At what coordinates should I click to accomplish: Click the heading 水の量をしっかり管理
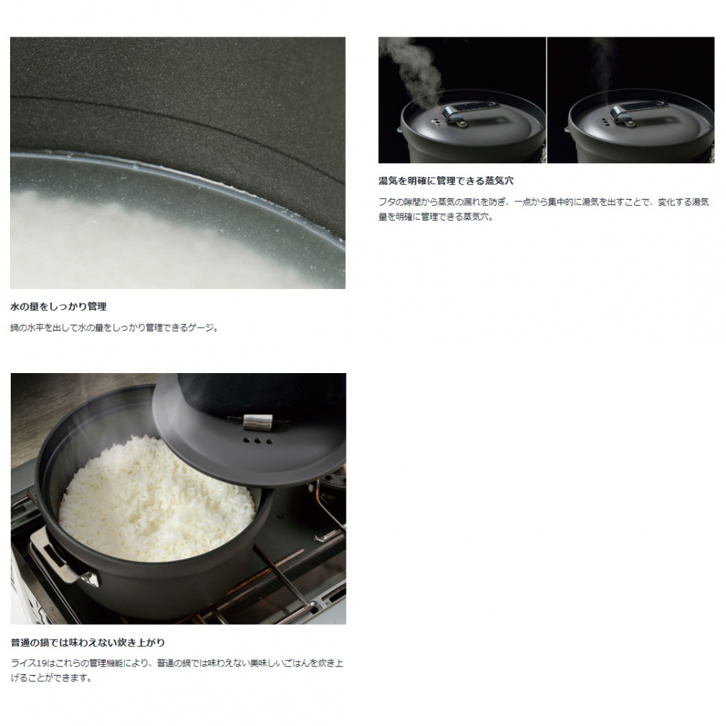(x=58, y=306)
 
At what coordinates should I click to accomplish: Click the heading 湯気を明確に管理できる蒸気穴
(x=446, y=180)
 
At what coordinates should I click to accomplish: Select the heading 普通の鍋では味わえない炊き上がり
(x=88, y=643)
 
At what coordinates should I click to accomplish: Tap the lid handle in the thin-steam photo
(x=633, y=114)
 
